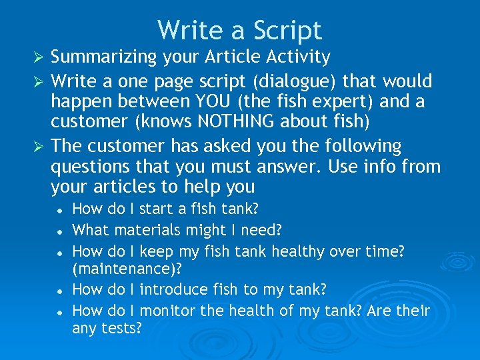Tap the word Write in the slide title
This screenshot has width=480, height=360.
pyautogui.click(x=189, y=30)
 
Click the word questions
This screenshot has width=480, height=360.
pyautogui.click(x=93, y=167)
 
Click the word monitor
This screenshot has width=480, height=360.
pyautogui.click(x=167, y=311)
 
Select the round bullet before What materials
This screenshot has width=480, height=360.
pyautogui.click(x=60, y=231)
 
